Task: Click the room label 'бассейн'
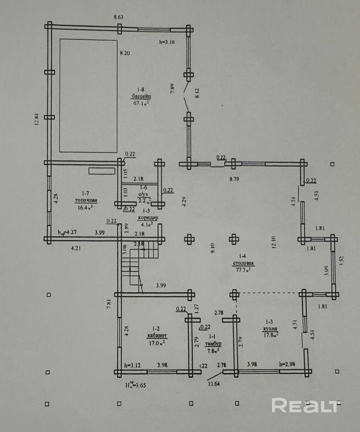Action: pyautogui.click(x=142, y=95)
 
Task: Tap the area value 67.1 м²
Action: pyautogui.click(x=142, y=102)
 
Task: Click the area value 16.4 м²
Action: pyautogui.click(x=84, y=208)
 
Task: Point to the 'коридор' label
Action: pyautogui.click(x=147, y=218)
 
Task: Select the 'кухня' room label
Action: pyautogui.click(x=270, y=327)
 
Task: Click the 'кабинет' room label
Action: pyautogui.click(x=157, y=335)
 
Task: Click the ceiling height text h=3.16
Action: pyautogui.click(x=166, y=42)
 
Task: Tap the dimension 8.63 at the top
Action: pyautogui.click(x=119, y=18)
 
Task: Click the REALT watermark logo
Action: pyautogui.click(x=305, y=406)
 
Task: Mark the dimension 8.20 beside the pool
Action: pyautogui.click(x=126, y=53)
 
